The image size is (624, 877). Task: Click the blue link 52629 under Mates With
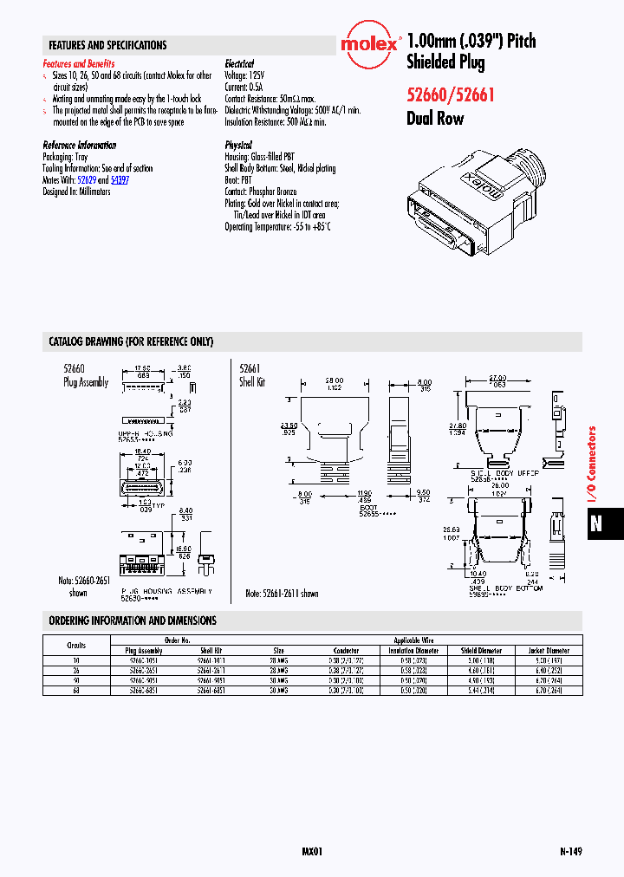point(87,180)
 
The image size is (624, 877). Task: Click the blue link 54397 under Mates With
point(120,180)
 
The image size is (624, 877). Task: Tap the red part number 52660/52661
point(450,95)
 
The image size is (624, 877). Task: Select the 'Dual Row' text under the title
point(435,119)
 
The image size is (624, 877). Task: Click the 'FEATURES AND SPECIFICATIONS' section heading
point(107,45)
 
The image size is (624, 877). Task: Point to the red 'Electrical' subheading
point(239,64)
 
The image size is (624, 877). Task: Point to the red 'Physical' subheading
point(238,146)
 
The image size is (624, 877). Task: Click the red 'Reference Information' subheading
point(79,146)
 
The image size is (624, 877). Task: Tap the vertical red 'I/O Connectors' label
point(593,465)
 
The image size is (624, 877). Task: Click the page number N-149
point(570,852)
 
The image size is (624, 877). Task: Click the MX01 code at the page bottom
point(312,852)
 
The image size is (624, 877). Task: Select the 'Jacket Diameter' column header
point(549,650)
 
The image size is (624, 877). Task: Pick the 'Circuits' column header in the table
point(77,646)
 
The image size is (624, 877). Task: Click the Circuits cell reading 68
point(77,691)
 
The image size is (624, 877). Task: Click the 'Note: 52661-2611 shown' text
point(282,594)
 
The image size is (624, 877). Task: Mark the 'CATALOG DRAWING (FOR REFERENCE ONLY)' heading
point(131,341)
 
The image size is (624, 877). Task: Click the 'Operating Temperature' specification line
point(277,226)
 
